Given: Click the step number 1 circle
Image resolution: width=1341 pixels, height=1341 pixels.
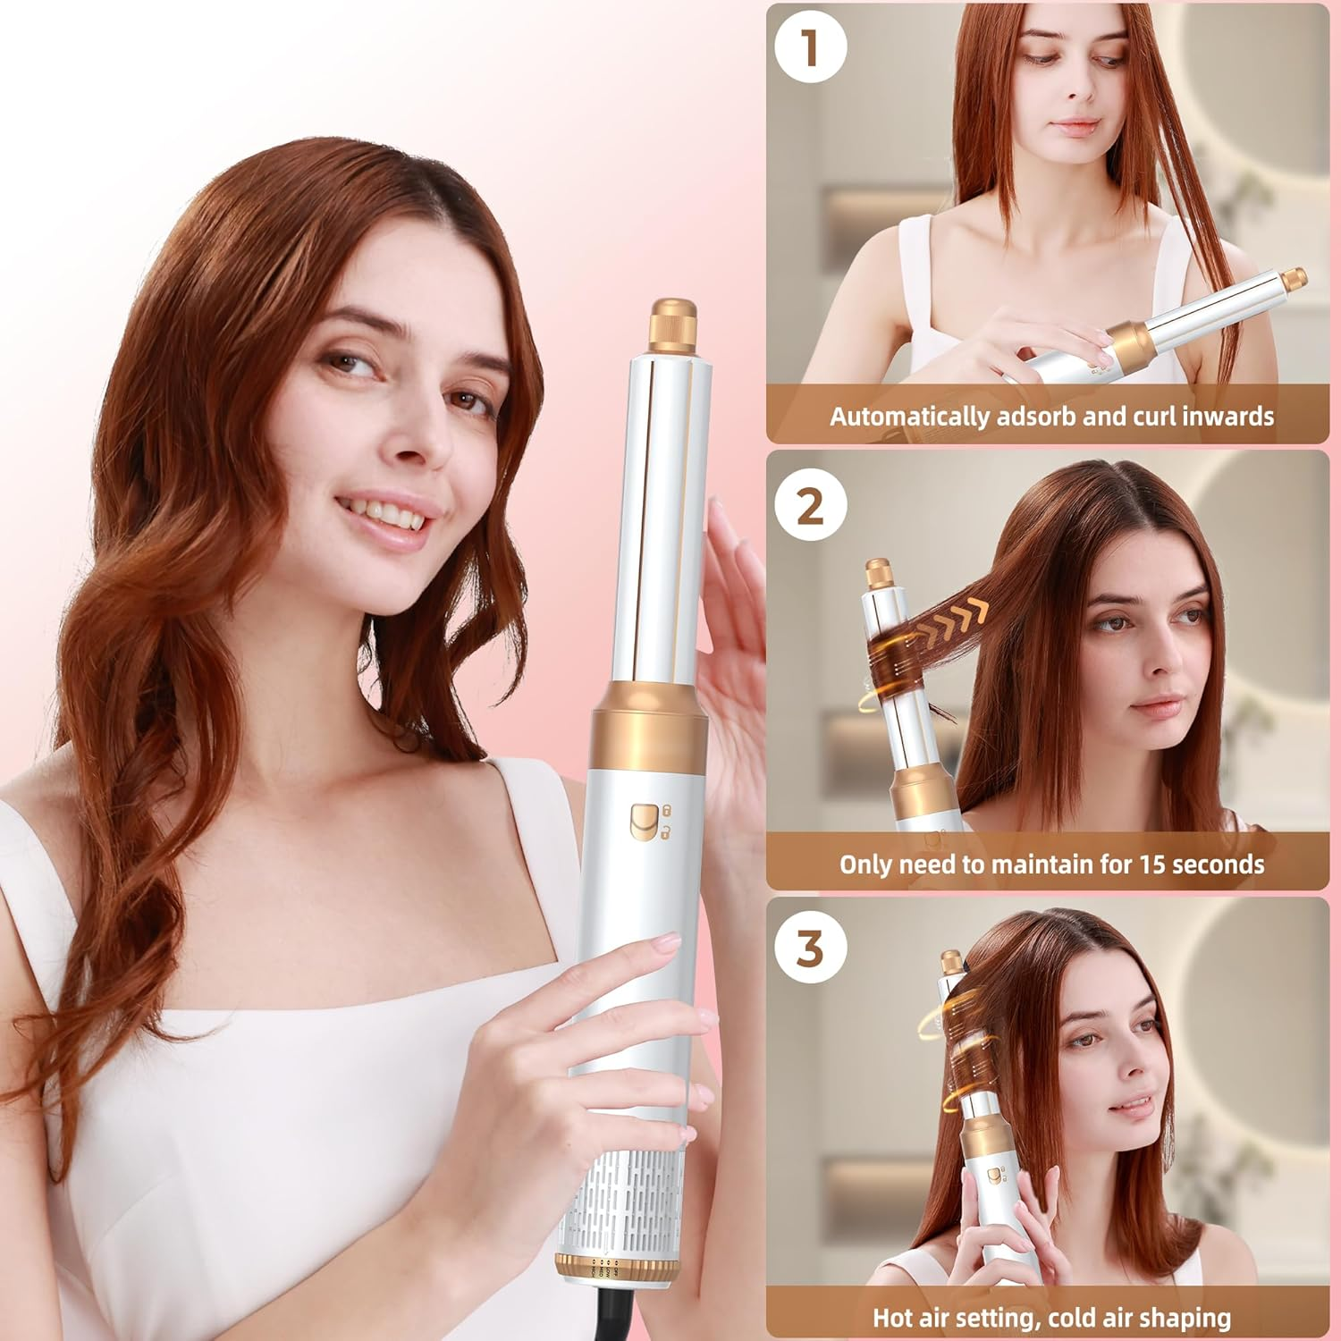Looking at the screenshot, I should tap(810, 47).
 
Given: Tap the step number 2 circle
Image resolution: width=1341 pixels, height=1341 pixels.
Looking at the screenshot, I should tap(810, 506).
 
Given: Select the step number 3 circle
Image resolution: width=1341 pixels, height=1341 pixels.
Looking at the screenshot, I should tap(810, 947).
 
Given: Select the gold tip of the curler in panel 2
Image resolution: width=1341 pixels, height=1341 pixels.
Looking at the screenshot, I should tap(877, 572).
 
